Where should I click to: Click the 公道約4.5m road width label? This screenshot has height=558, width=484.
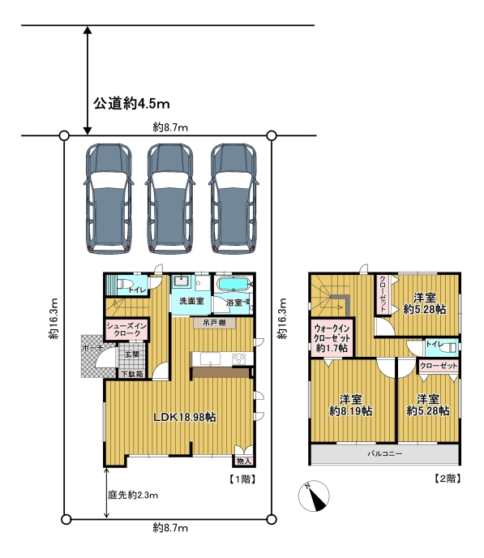click(131, 104)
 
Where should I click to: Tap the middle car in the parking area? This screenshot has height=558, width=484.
click(170, 198)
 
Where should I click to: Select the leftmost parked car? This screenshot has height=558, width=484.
click(109, 198)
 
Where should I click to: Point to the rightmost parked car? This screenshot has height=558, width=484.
click(233, 198)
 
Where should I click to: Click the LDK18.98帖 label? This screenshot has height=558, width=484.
click(185, 417)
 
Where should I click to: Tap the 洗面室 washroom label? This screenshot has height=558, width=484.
click(191, 301)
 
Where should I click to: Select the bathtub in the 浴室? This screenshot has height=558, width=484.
click(233, 285)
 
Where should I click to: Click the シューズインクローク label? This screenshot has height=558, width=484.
click(126, 329)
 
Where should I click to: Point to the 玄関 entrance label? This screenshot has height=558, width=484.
click(132, 354)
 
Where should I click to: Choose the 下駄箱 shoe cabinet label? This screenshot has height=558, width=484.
click(132, 374)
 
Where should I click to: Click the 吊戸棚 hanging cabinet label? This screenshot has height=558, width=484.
click(215, 323)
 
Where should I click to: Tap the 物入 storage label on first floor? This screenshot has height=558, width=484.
click(244, 461)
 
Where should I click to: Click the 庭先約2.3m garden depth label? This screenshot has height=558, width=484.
click(133, 495)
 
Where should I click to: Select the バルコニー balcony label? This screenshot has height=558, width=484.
click(385, 453)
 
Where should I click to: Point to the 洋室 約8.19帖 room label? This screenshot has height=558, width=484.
click(351, 405)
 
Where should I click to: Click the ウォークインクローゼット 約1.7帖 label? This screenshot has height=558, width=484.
click(332, 338)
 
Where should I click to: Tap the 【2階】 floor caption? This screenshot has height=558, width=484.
click(448, 479)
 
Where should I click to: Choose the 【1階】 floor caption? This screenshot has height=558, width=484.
click(242, 479)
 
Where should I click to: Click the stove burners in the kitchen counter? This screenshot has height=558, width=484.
click(238, 358)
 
